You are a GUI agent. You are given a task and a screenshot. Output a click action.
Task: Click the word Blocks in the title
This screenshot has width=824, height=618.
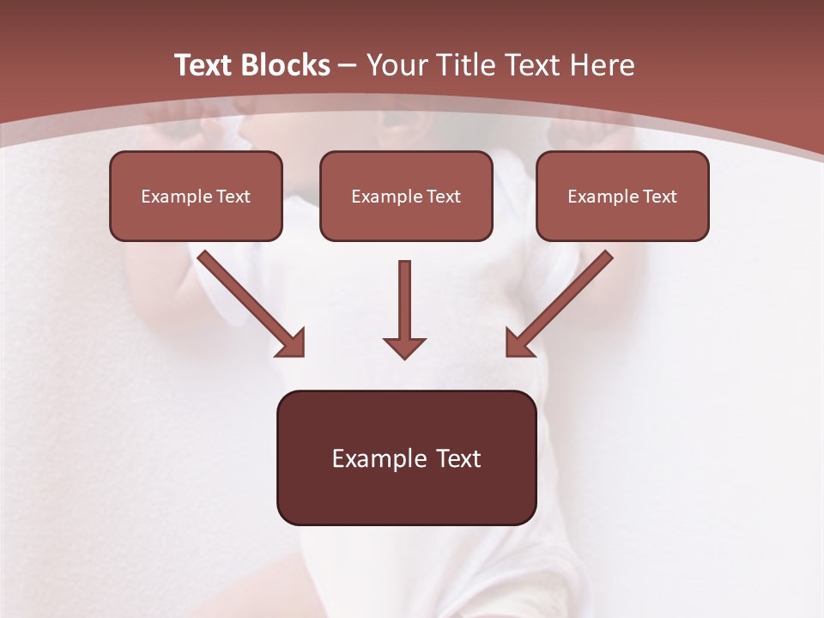pos(285,65)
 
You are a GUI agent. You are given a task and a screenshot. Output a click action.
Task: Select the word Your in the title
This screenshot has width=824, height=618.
pos(397,65)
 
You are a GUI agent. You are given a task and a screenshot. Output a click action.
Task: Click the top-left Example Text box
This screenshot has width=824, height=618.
pos(196,196)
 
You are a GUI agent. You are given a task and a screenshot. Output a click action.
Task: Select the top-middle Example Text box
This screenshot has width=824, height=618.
pos(406,196)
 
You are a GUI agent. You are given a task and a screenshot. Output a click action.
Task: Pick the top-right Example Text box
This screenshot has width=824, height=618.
pos(622,196)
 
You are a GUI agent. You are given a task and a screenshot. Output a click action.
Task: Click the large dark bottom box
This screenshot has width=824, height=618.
pos(406,457)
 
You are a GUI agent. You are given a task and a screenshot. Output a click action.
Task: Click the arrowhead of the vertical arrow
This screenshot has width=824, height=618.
pos(404,347)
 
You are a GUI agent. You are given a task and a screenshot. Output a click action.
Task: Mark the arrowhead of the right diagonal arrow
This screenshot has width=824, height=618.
pos(518,342)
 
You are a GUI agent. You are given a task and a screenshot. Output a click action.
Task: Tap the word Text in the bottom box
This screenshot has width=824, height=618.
pos(457,458)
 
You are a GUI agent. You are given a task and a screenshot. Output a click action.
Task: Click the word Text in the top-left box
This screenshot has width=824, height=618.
pos(233,197)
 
